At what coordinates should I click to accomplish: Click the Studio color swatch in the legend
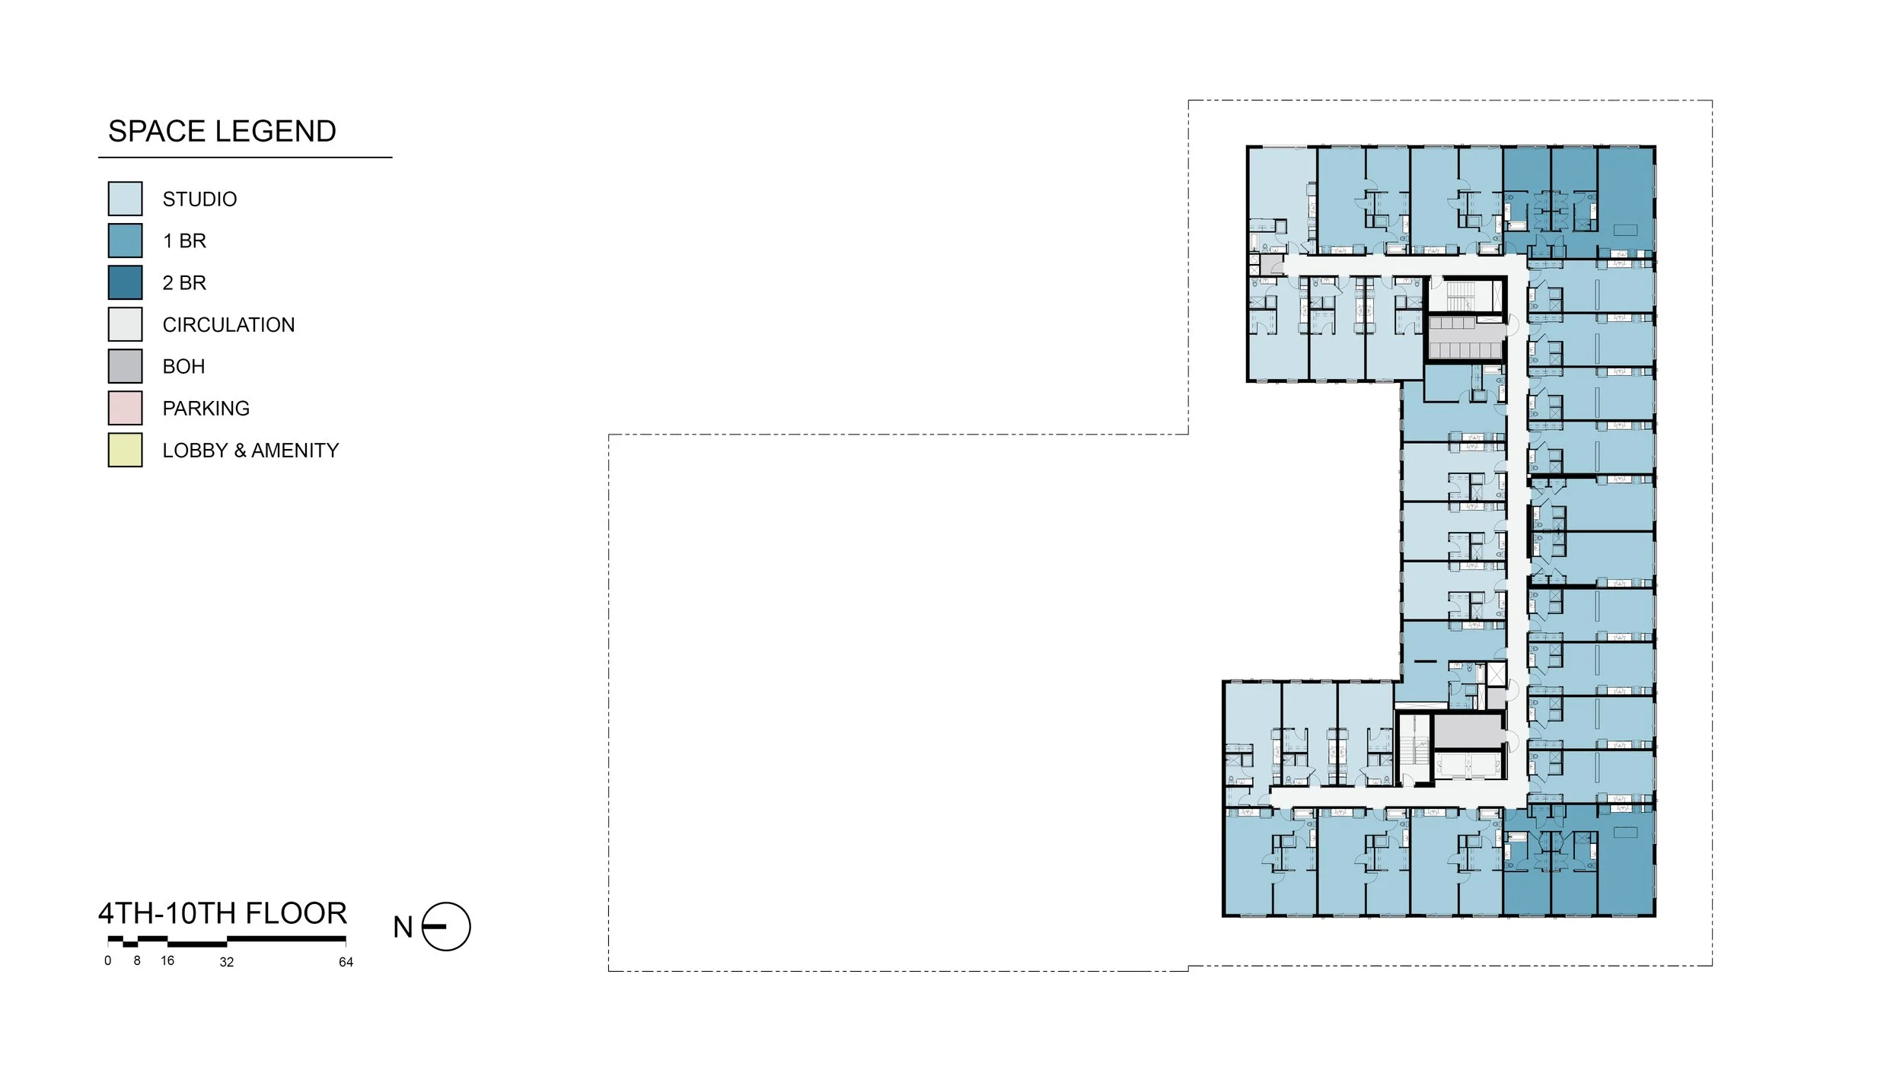click(x=125, y=199)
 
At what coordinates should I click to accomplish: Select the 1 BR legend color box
click(x=125, y=240)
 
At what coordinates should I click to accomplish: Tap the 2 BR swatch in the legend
click(x=125, y=282)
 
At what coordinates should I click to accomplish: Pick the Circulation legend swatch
click(x=125, y=324)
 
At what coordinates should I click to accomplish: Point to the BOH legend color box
click(x=125, y=366)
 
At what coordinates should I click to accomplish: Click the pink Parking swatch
click(x=125, y=408)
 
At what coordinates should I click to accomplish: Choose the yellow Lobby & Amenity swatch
click(x=125, y=450)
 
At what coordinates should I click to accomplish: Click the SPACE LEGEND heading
click(x=222, y=132)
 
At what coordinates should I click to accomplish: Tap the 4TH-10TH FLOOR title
click(x=222, y=913)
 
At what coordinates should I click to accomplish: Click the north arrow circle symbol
click(x=446, y=927)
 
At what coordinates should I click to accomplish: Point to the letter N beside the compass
click(x=403, y=928)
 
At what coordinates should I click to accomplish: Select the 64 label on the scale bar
click(x=346, y=963)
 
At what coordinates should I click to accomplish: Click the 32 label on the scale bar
click(x=227, y=963)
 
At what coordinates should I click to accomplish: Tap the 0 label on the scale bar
click(x=108, y=961)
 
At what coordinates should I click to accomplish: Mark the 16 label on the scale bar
click(x=167, y=961)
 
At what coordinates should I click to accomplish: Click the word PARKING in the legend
click(x=206, y=409)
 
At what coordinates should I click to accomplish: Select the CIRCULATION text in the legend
click(x=228, y=325)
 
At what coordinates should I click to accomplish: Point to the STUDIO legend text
click(x=199, y=199)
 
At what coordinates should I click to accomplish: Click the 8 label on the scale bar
click(x=137, y=961)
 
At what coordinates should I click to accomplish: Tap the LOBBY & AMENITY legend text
click(x=250, y=451)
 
